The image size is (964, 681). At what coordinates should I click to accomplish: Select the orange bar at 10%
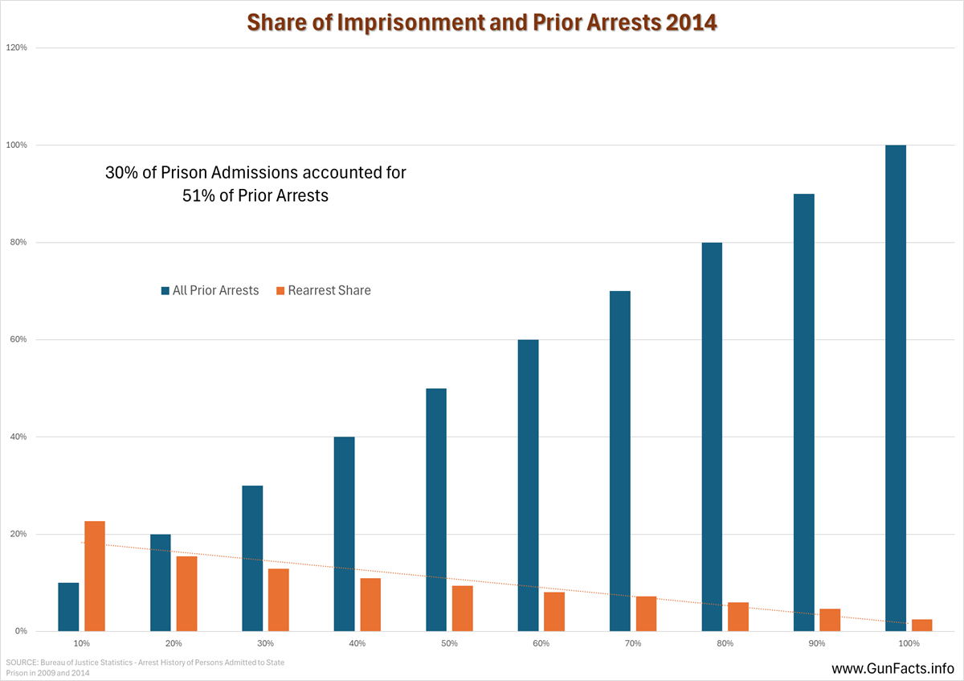(95, 576)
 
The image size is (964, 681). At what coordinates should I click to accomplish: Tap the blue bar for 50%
(436, 510)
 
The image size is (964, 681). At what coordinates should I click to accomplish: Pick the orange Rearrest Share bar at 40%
(370, 605)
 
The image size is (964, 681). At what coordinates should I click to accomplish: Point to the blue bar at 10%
(69, 607)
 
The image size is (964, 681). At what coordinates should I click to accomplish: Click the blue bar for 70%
(619, 462)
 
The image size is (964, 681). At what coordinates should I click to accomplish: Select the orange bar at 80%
(738, 617)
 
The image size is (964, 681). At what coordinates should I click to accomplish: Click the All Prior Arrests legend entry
(210, 290)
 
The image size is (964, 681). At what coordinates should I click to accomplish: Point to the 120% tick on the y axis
(17, 47)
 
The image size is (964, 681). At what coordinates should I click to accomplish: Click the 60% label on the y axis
(18, 339)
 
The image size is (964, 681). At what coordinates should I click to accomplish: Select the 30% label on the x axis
(266, 643)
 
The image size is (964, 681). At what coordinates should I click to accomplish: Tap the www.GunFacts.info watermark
(893, 668)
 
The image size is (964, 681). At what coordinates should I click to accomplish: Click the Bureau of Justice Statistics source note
(145, 667)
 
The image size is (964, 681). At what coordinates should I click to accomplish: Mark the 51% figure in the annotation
(198, 195)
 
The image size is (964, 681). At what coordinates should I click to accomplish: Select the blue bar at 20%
(161, 583)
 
